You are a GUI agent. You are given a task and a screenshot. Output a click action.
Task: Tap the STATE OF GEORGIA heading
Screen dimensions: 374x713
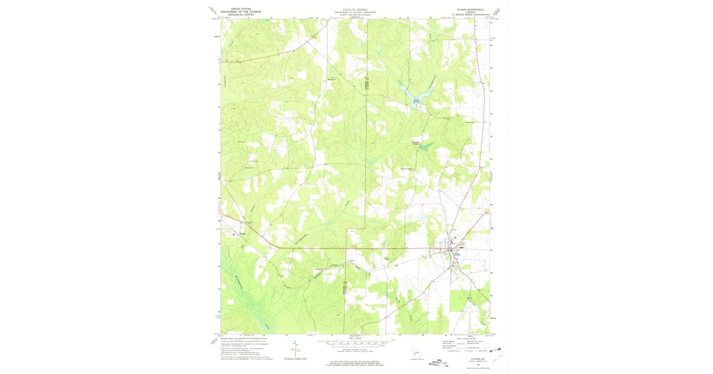(x=355, y=8)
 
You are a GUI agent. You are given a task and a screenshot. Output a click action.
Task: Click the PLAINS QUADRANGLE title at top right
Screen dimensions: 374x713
(x=471, y=9)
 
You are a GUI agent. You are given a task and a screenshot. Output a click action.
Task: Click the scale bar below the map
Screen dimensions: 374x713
(x=355, y=343)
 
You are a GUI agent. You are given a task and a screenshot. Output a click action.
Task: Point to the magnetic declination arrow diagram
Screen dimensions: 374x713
(x=295, y=350)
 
